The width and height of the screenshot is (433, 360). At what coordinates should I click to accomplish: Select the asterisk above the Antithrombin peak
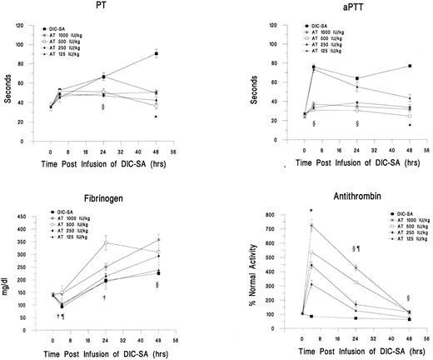coord(311,211)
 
